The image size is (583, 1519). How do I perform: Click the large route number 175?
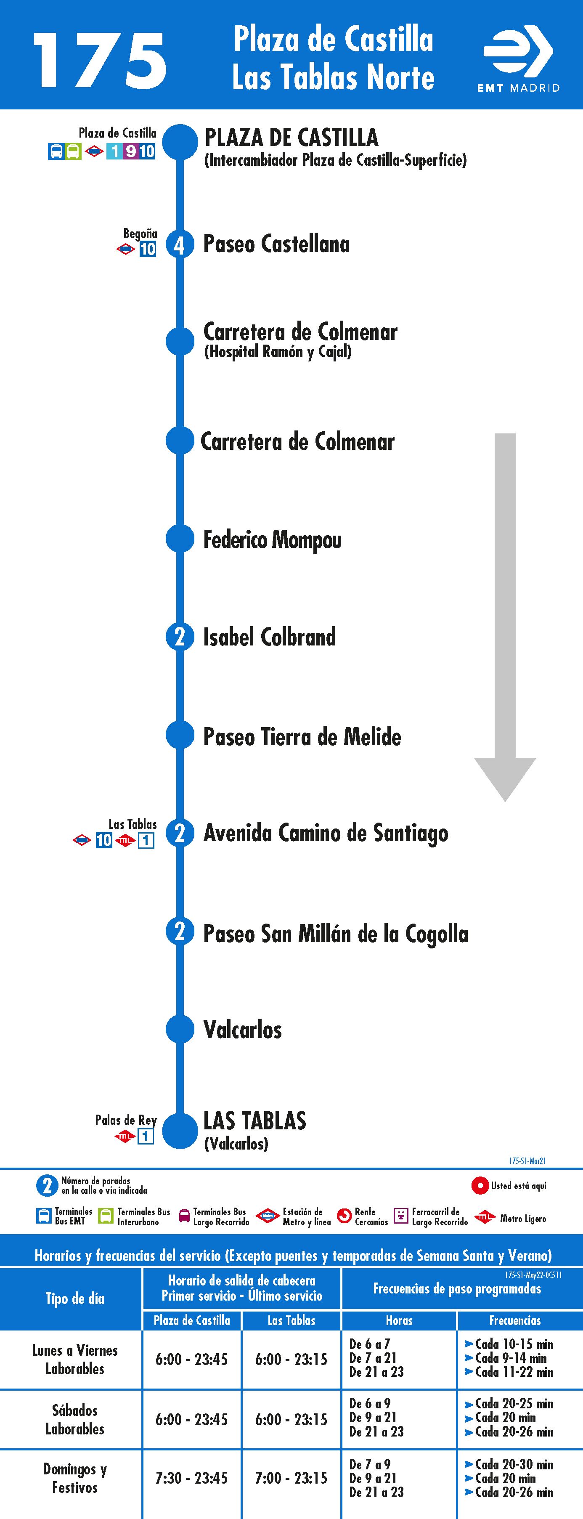pyautogui.click(x=100, y=60)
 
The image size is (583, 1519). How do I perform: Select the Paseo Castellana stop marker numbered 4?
pyautogui.click(x=180, y=244)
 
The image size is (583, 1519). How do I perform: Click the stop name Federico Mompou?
pyautogui.click(x=272, y=539)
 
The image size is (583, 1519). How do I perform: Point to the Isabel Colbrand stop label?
pyautogui.click(x=269, y=637)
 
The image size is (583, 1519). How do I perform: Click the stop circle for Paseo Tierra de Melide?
pyautogui.click(x=180, y=735)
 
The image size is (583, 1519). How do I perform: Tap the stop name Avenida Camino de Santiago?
pyautogui.click(x=326, y=833)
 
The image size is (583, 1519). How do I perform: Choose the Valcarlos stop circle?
pyautogui.click(x=180, y=1029)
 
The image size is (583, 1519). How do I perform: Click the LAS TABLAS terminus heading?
pyautogui.click(x=254, y=1121)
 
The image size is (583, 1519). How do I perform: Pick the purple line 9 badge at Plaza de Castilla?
pyautogui.click(x=130, y=151)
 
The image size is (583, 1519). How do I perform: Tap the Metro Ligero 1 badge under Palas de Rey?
pyautogui.click(x=146, y=1136)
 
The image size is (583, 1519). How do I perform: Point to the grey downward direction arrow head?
pyautogui.click(x=505, y=779)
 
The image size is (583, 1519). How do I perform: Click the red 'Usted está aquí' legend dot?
pyautogui.click(x=480, y=1185)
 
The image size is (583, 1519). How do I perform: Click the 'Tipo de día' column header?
pyautogui.click(x=75, y=1299)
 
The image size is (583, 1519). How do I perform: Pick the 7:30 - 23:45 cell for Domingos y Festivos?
pyautogui.click(x=191, y=1478)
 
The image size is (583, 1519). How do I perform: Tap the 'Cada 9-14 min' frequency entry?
pyautogui.click(x=511, y=1358)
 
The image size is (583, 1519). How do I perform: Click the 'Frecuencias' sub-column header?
pyautogui.click(x=514, y=1321)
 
